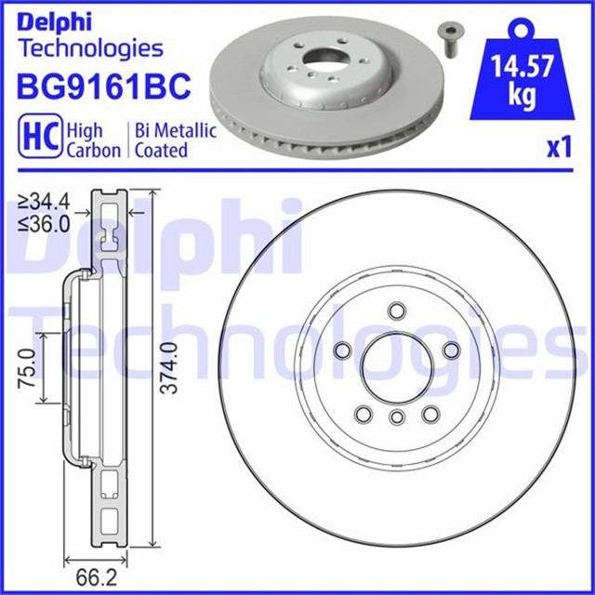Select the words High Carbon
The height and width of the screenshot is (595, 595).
(93, 140)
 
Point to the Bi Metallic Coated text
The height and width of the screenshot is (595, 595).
(176, 140)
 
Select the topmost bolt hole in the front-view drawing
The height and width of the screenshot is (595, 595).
(396, 310)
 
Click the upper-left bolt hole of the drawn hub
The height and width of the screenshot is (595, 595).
(340, 350)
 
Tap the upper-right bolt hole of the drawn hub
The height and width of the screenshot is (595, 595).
(452, 349)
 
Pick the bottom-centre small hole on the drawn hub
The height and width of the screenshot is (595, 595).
(396, 416)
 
